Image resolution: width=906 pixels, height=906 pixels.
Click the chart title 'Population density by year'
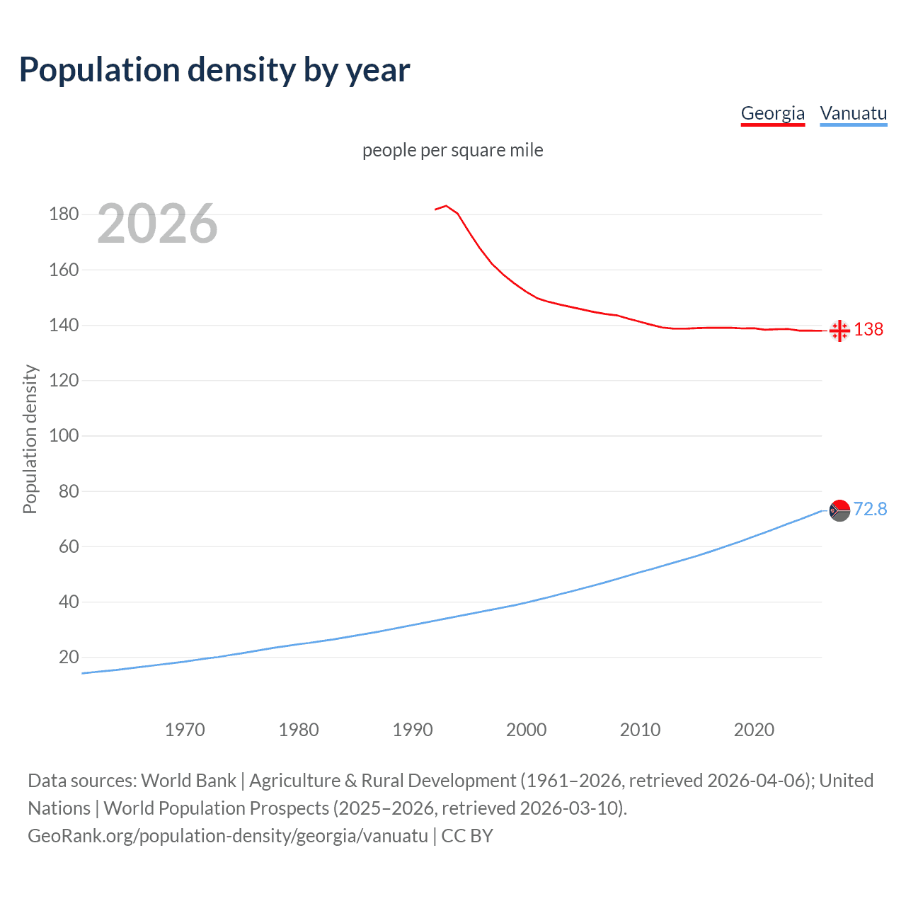[214, 70]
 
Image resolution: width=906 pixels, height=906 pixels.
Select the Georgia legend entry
[772, 113]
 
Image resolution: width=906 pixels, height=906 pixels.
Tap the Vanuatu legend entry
[853, 113]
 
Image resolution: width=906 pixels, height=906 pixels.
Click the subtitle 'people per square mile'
[452, 150]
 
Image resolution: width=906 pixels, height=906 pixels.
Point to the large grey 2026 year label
[157, 224]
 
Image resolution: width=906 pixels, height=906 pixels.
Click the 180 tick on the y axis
[64, 214]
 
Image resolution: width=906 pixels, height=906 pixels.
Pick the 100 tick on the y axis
[64, 436]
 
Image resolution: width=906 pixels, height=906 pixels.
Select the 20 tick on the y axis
[69, 658]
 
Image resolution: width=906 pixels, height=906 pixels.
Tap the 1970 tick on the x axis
[185, 730]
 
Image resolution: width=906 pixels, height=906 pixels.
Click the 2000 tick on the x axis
[526, 730]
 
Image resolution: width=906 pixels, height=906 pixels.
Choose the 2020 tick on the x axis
[754, 730]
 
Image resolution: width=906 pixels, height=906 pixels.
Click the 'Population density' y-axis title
[30, 439]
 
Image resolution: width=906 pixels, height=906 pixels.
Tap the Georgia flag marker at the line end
[839, 331]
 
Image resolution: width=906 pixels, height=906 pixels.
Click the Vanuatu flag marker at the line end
[839, 510]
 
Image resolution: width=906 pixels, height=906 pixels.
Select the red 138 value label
[868, 330]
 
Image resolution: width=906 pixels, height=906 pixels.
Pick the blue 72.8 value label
[870, 510]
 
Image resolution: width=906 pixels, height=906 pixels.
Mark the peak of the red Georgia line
[446, 206]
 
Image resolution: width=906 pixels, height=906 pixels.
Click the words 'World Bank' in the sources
[188, 781]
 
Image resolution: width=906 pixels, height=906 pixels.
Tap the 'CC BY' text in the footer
[467, 836]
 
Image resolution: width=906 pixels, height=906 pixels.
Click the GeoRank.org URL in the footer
[228, 836]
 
